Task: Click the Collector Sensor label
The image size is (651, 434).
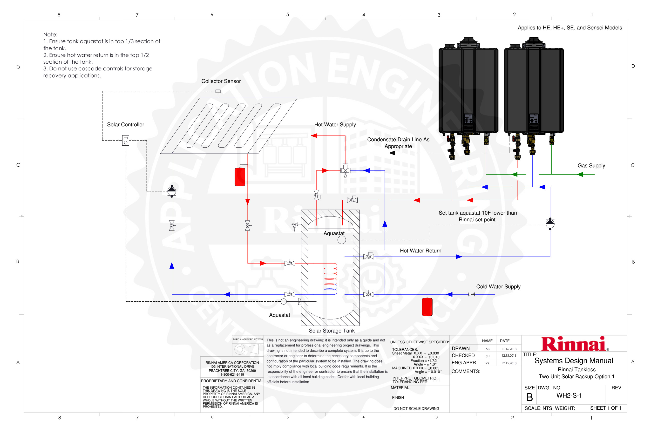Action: tap(221, 81)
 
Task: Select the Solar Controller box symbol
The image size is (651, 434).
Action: tap(126, 140)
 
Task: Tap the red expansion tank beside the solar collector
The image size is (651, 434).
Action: tap(240, 176)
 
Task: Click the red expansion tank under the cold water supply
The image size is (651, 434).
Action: tap(427, 307)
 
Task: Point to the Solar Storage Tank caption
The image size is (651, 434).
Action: tap(332, 331)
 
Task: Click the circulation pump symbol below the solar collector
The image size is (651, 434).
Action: tap(172, 191)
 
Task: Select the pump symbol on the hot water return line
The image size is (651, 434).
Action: tap(550, 223)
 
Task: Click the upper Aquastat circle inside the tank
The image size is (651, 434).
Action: tap(342, 240)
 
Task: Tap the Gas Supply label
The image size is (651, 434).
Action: tap(591, 165)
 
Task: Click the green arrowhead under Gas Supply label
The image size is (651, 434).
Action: tap(580, 174)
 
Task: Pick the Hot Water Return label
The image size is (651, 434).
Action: tap(420, 251)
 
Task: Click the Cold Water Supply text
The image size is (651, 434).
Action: tap(498, 286)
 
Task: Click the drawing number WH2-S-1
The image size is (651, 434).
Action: tap(569, 395)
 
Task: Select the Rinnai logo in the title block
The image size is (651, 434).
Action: tap(574, 344)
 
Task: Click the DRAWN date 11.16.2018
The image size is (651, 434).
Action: tap(509, 349)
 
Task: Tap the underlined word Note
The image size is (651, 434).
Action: tap(50, 34)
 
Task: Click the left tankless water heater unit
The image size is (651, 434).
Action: tap(468, 88)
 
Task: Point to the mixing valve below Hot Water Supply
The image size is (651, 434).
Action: tap(345, 170)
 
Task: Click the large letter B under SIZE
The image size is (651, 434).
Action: tap(529, 397)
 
